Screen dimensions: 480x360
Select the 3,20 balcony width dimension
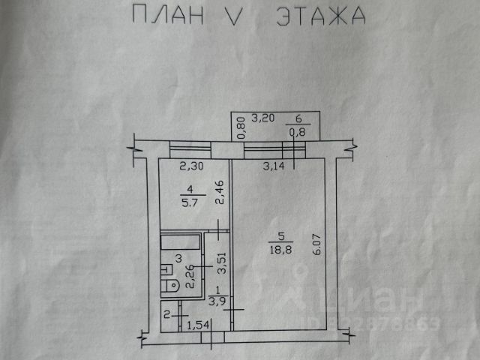tap(262, 117)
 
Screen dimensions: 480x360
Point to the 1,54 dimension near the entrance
tap(196, 324)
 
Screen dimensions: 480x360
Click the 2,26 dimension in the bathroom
tap(189, 276)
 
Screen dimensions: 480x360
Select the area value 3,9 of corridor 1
tap(217, 301)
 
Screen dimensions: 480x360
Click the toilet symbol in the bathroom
tap(170, 284)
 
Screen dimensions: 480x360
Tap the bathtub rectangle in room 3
tap(180, 241)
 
